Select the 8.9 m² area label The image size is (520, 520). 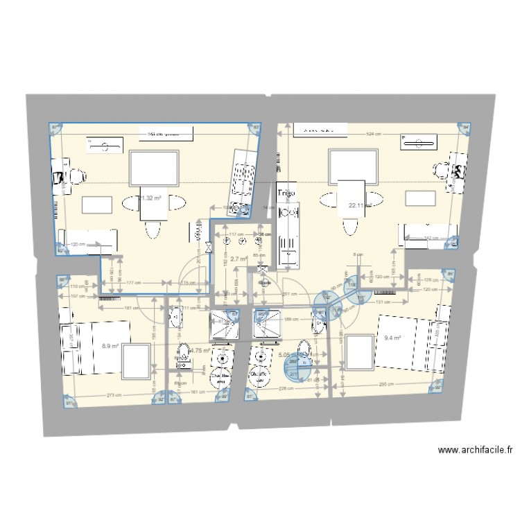point(110,345)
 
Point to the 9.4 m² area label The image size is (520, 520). point(393,339)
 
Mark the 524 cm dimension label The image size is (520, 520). point(375,135)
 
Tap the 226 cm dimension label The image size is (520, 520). point(284,389)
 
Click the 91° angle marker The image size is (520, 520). point(69,401)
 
